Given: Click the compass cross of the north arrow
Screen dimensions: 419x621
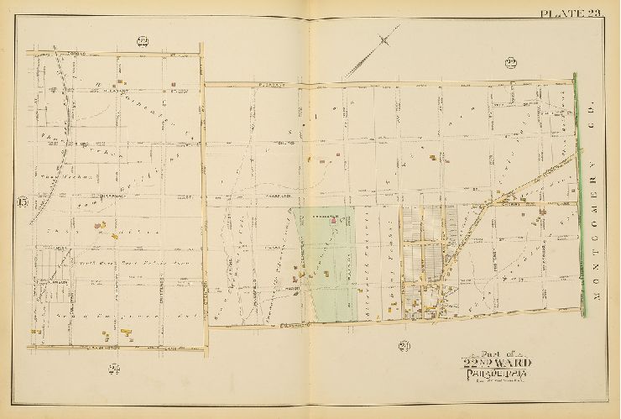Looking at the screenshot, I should point(384,39).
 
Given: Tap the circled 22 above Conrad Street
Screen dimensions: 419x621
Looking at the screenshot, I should point(142,41).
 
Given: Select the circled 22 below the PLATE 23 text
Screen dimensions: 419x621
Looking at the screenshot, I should point(509,62).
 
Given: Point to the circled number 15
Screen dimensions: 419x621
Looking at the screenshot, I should point(20,202).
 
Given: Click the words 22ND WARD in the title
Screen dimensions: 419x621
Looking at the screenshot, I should point(496,363).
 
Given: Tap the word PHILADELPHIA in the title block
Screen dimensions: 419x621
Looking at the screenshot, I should point(496,374).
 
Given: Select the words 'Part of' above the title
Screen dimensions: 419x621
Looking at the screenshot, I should point(495,352).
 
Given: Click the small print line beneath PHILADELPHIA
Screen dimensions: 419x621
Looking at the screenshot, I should point(495,381).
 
